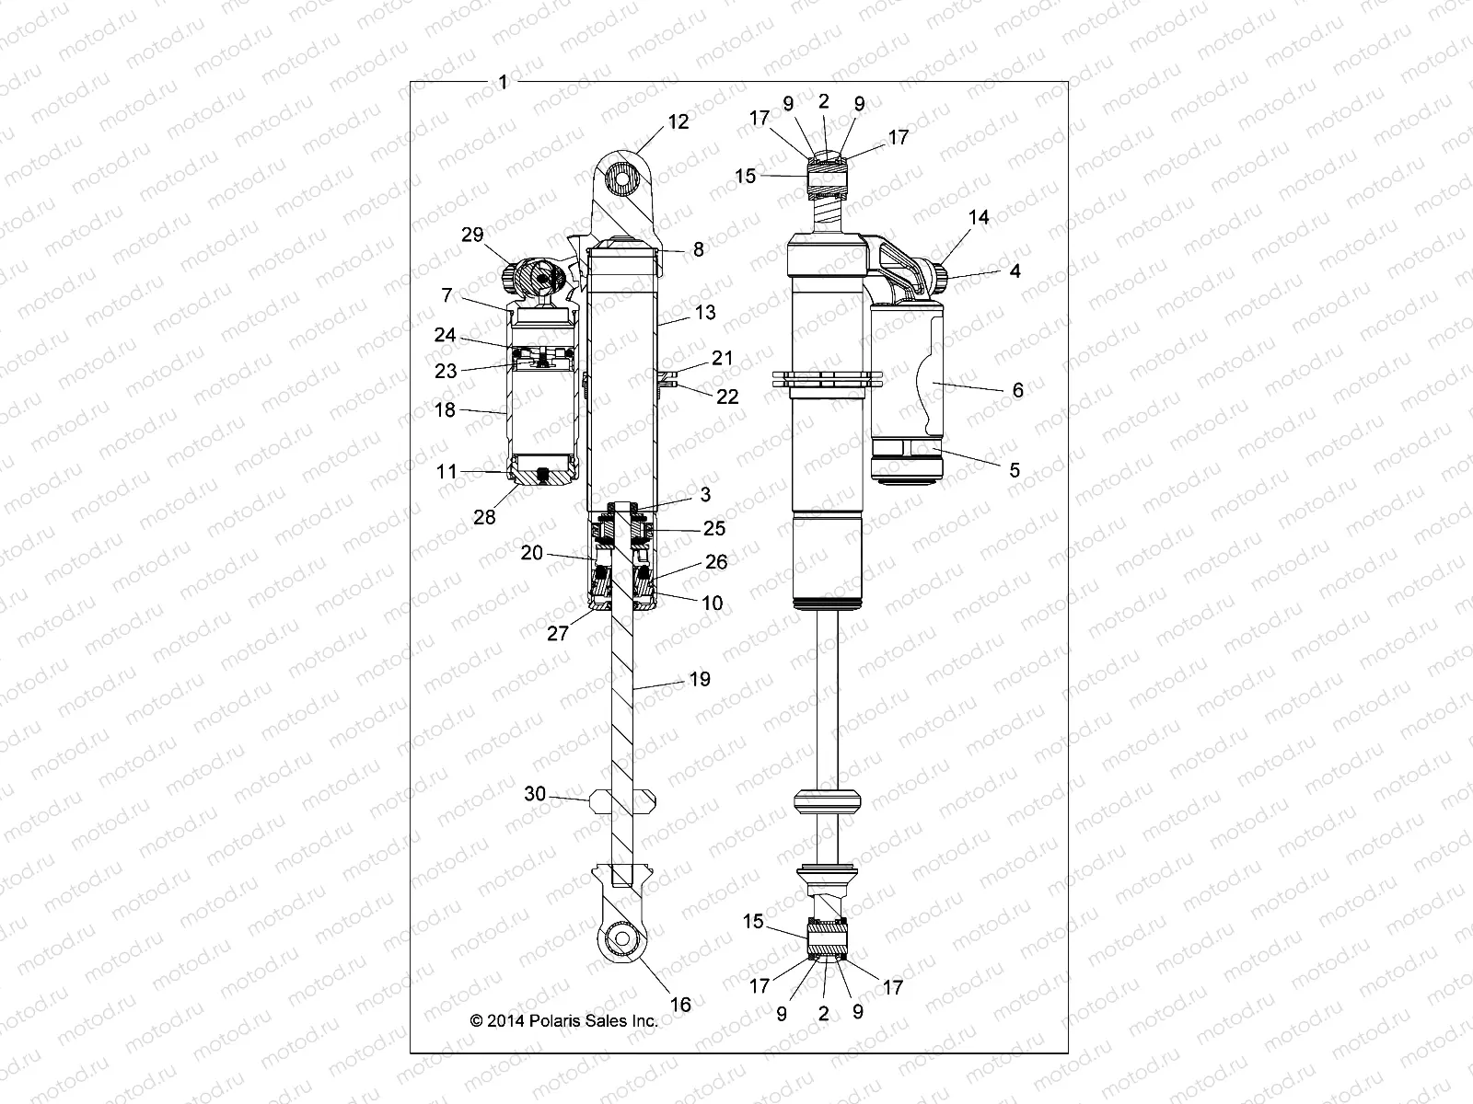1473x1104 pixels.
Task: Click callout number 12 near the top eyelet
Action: pos(679,122)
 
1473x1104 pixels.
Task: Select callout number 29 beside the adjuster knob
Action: pos(472,236)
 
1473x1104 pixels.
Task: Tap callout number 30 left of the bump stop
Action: pos(535,794)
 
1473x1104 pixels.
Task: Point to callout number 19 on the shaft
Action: pos(700,679)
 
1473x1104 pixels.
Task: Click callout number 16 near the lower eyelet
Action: pos(679,1005)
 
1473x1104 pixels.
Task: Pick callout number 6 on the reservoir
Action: pos(1017,390)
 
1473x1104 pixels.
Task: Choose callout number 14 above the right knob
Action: pos(979,217)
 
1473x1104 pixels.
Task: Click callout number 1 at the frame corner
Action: pos(503,82)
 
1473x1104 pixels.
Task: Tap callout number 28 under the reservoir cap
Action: pos(484,517)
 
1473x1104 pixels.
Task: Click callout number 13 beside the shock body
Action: pos(705,313)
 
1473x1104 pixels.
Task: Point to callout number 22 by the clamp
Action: pos(727,397)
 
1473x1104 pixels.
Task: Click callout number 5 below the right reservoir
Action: pos(1015,470)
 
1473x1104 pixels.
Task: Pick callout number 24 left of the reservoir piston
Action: pos(446,336)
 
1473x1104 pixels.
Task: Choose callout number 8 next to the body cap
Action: pos(699,249)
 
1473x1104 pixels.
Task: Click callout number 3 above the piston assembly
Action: pos(705,494)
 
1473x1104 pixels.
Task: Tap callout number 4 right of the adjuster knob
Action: pos(1015,271)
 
